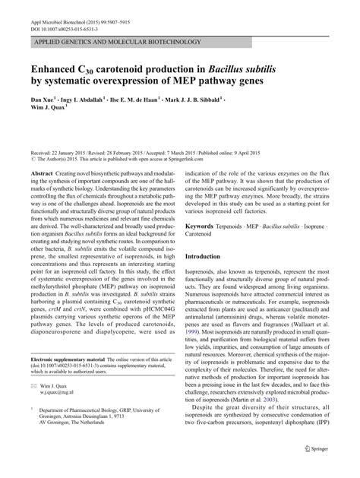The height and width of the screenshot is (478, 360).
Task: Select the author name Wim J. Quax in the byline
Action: [x=45, y=109]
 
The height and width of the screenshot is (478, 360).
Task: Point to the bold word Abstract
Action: [x=42, y=173]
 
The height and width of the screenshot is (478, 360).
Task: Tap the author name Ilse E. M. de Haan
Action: [x=155, y=99]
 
